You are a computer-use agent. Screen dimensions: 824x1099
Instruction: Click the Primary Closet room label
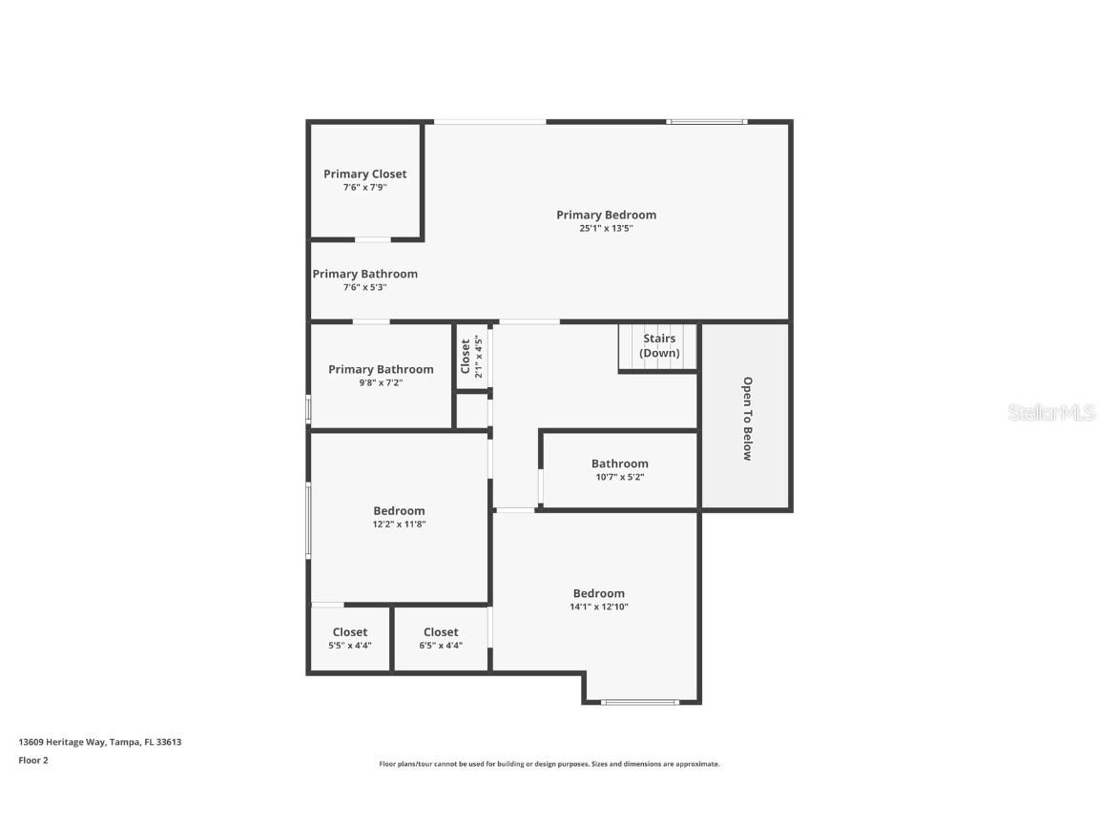click(x=364, y=174)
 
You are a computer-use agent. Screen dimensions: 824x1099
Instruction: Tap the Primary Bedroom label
click(x=606, y=215)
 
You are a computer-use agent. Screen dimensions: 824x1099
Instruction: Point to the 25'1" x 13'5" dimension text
click(x=606, y=229)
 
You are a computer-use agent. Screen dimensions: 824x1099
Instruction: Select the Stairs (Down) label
click(x=659, y=345)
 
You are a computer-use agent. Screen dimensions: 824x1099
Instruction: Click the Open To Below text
click(x=747, y=419)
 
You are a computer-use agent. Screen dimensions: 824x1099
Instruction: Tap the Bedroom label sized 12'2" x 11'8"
click(x=399, y=511)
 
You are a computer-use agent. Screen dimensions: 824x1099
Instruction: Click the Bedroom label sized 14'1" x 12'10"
click(x=598, y=593)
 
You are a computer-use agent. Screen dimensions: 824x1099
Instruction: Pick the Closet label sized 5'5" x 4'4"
click(x=350, y=631)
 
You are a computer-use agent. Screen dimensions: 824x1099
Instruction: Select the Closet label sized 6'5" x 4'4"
click(x=441, y=631)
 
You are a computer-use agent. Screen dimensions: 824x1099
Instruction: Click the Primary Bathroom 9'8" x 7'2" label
click(x=381, y=369)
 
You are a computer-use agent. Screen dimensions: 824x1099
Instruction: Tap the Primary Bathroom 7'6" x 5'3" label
click(x=364, y=274)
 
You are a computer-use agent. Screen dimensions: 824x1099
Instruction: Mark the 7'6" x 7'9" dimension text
click(x=364, y=188)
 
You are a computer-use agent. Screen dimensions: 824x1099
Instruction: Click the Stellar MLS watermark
click(x=1053, y=413)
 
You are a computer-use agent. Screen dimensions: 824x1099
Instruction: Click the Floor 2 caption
click(x=32, y=760)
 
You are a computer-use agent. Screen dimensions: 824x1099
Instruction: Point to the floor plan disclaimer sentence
click(x=549, y=764)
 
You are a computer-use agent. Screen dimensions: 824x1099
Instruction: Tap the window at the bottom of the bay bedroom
click(x=640, y=703)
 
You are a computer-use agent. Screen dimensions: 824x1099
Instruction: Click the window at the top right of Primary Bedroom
click(x=706, y=121)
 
